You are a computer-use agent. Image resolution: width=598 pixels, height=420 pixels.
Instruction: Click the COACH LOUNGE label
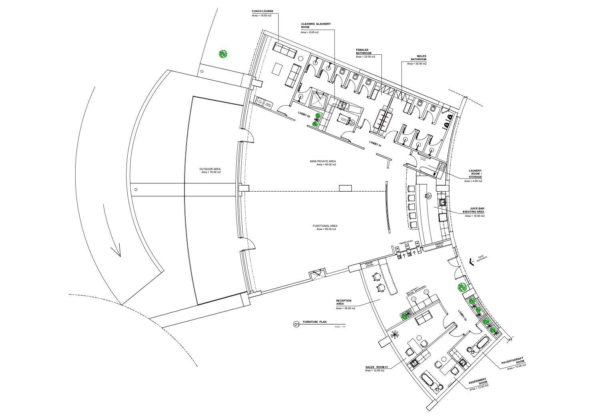pyautogui.click(x=262, y=11)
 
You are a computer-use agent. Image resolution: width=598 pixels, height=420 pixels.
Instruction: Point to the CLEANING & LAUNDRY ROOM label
pyautogui.click(x=316, y=26)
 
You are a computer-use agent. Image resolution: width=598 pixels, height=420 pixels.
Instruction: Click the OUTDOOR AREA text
pyautogui.click(x=210, y=169)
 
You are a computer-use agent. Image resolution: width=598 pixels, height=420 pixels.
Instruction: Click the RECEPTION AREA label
pyautogui.click(x=343, y=302)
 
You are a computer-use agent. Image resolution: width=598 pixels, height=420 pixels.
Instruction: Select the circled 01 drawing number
pyautogui.click(x=297, y=324)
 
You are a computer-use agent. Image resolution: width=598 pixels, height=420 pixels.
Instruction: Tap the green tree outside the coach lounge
pyautogui.click(x=223, y=54)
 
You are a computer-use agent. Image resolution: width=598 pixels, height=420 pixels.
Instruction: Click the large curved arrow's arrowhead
pyautogui.click(x=116, y=251)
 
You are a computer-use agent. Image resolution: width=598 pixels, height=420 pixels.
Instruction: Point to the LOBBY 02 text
pyautogui.click(x=304, y=114)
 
